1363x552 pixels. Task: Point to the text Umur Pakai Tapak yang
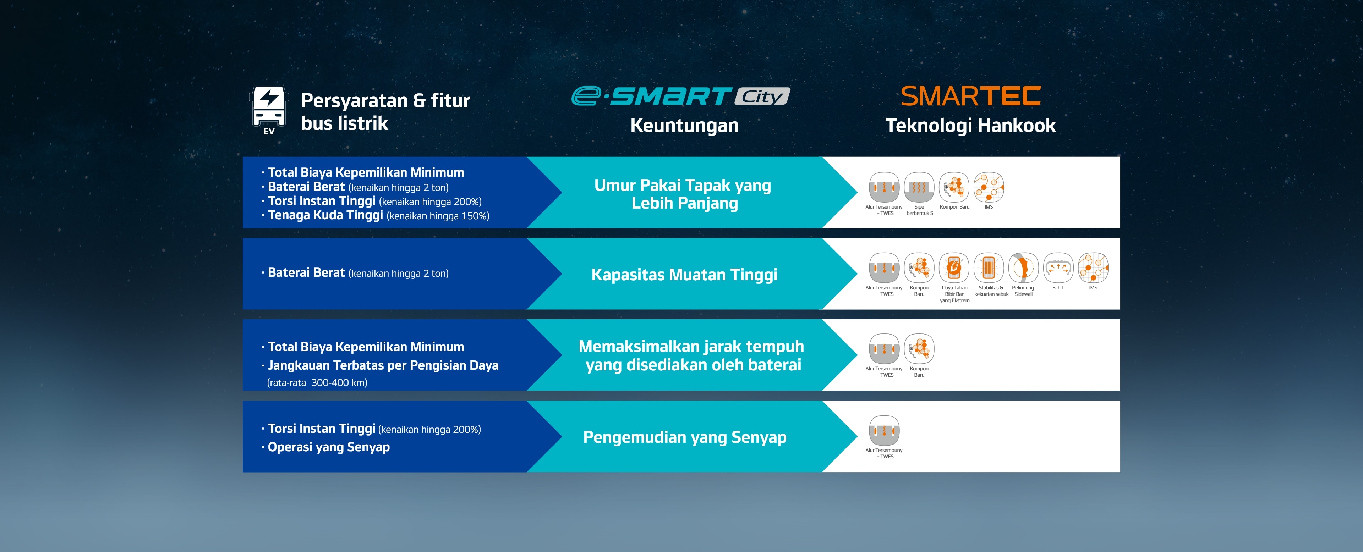(x=683, y=186)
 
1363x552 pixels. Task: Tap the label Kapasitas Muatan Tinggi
(x=684, y=275)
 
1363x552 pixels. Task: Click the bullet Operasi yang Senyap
(x=329, y=447)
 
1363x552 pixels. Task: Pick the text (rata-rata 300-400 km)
(x=317, y=383)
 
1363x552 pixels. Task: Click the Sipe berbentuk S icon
(x=919, y=187)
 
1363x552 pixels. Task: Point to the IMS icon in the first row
(x=989, y=187)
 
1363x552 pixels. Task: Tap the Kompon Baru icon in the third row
(x=919, y=349)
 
